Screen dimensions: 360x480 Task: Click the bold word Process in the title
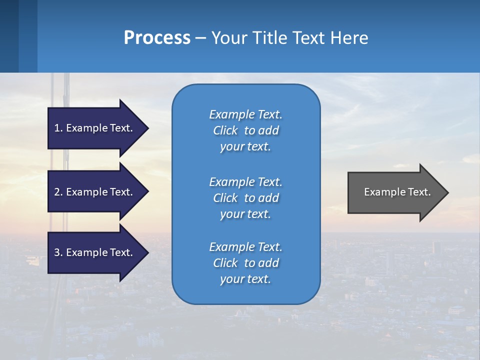[157, 38]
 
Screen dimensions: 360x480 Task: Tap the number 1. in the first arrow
[58, 128]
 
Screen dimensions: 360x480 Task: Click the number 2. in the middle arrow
[58, 192]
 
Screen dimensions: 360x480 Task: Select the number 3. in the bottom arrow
[58, 252]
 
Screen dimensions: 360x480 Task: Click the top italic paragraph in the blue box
[245, 130]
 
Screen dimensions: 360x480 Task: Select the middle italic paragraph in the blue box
[245, 198]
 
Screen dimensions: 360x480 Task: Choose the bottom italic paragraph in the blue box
[245, 263]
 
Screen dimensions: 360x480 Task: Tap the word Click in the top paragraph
[225, 130]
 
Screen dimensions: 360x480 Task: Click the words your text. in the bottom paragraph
[245, 279]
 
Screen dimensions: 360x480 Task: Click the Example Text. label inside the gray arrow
[397, 192]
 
